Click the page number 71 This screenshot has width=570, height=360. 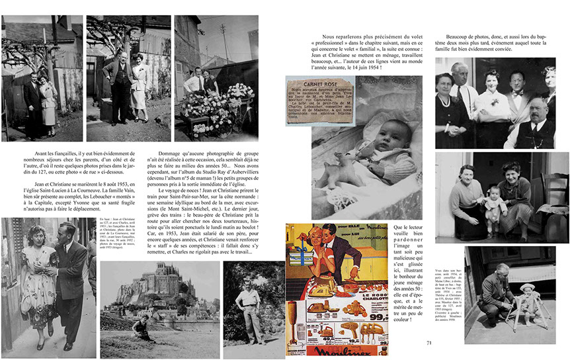pyautogui.click(x=429, y=342)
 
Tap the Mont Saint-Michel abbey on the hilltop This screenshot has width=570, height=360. pyautogui.click(x=159, y=270)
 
